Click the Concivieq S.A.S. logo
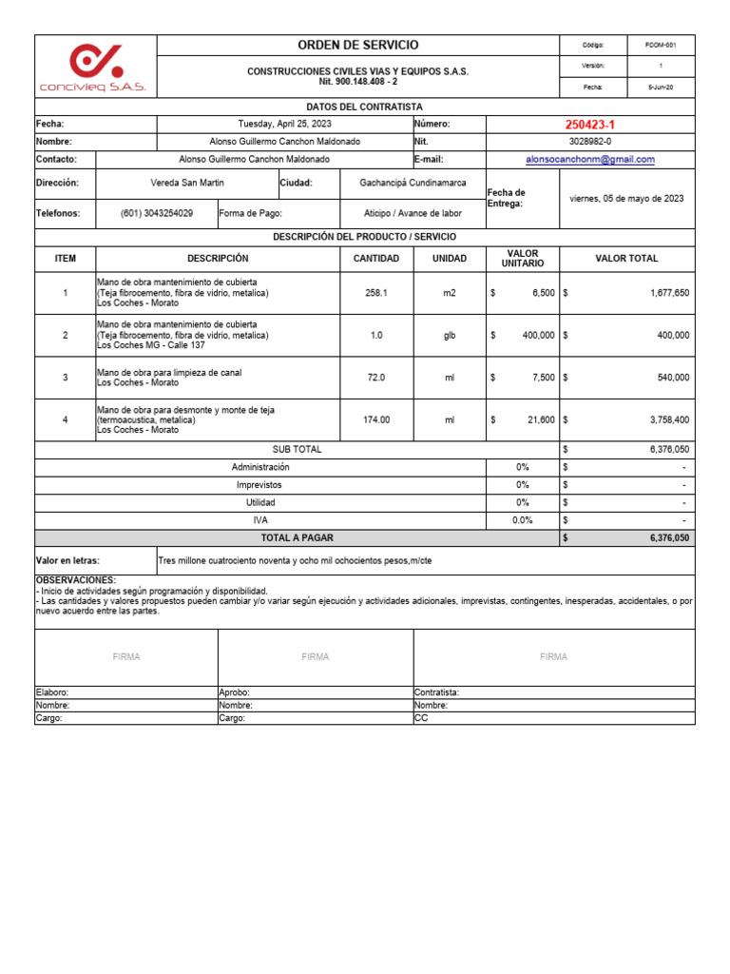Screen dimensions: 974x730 [x=93, y=68]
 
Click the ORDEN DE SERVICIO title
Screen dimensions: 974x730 [x=357, y=46]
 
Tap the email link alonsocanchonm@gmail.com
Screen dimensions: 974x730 [x=589, y=160]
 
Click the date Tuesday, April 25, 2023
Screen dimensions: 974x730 [x=284, y=124]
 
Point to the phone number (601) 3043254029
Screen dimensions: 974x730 [x=157, y=214]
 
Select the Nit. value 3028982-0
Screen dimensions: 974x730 [x=589, y=142]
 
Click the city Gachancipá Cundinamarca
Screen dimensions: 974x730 [x=413, y=183]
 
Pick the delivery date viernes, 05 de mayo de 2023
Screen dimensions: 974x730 [x=626, y=199]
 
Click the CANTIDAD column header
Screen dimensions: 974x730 [x=376, y=259]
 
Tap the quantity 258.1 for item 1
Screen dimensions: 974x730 [x=376, y=294]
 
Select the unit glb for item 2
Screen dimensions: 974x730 [x=450, y=336]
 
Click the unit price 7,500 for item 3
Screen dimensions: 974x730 [x=543, y=378]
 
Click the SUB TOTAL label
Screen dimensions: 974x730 [x=297, y=449]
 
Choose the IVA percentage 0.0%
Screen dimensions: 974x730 [x=522, y=520]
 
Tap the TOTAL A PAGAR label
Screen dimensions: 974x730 [x=297, y=538]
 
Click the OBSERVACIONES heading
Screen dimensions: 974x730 [x=76, y=579]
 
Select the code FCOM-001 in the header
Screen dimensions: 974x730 [x=661, y=46]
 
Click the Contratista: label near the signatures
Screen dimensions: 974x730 [x=437, y=693]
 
